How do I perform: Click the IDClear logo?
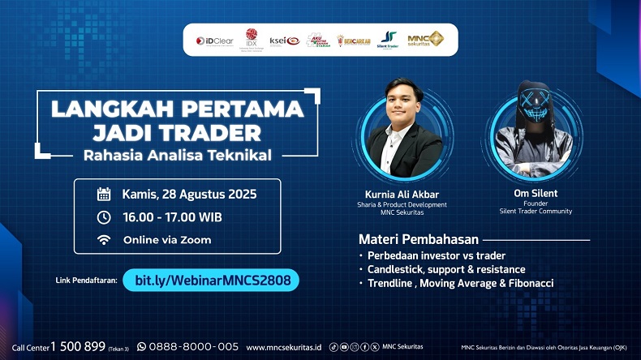tap(213, 40)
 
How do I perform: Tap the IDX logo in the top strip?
tap(252, 39)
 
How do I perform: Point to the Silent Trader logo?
tap(388, 40)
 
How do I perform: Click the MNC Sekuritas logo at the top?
tap(424, 39)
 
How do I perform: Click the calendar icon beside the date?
tap(104, 194)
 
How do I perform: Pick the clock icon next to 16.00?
tap(104, 216)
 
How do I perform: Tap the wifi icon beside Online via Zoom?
tap(104, 240)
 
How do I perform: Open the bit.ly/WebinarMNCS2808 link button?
tap(211, 281)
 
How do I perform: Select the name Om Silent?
tap(536, 194)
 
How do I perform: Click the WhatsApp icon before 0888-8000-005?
tap(141, 346)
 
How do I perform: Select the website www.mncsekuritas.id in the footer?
tap(283, 347)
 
